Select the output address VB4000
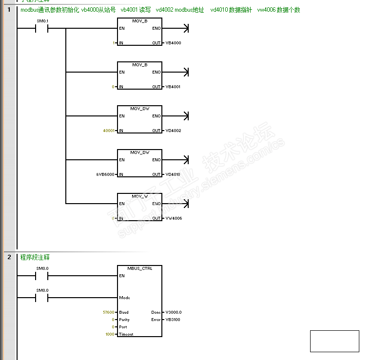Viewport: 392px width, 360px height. tap(173, 43)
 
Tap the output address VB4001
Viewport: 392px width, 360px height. tap(173, 87)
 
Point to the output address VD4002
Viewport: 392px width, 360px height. tap(173, 131)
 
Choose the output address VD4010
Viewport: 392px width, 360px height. tap(173, 175)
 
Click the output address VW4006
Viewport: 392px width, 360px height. tap(174, 219)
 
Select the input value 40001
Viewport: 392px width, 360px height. tap(109, 131)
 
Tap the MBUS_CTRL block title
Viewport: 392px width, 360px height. tap(139, 268)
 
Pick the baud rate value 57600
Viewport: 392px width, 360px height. tap(109, 312)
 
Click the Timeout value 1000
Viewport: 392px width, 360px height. tap(110, 334)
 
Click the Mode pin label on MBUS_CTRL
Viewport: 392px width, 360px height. tap(124, 298)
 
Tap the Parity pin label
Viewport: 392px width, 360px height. tap(124, 320)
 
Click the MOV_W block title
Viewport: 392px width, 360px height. tap(139, 196)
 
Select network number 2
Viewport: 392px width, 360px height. tap(9, 257)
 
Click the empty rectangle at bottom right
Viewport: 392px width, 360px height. tap(334, 341)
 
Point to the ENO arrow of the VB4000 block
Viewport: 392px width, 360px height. tap(185, 28)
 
